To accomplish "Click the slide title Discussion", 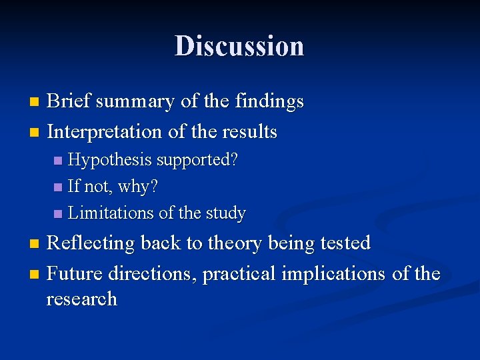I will [239, 46].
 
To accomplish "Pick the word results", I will [252, 132].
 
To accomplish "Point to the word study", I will [227, 213].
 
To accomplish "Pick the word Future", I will [74, 274].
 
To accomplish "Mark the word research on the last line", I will [81, 299].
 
